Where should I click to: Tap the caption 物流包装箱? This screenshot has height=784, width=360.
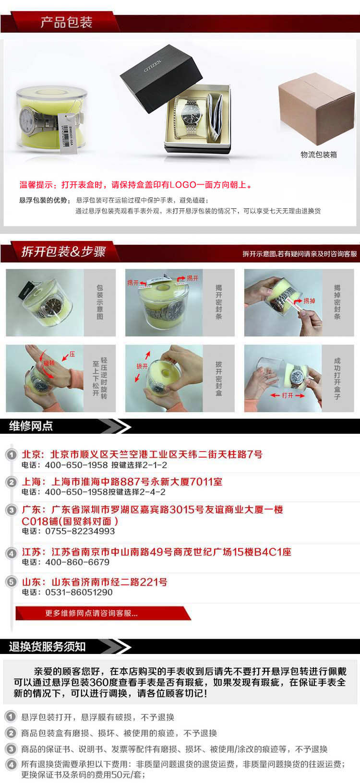click(x=318, y=154)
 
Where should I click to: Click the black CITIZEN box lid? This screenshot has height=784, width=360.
click(x=160, y=77)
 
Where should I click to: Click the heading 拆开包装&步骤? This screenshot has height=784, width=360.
click(x=63, y=251)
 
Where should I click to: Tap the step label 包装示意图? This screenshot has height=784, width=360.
click(x=100, y=302)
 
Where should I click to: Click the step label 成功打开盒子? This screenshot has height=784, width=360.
click(x=337, y=378)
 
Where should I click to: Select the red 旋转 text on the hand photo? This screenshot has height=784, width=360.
click(x=49, y=363)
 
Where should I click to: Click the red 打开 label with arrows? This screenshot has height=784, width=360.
click(x=287, y=395)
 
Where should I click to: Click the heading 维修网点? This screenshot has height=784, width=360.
click(x=31, y=426)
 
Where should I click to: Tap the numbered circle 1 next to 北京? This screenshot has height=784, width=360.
click(x=11, y=454)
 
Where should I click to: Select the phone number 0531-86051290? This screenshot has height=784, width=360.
click(x=79, y=592)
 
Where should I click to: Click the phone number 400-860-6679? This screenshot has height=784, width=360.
click(x=77, y=562)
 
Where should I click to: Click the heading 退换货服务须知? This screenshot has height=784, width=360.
click(x=47, y=646)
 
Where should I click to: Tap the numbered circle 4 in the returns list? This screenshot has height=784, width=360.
click(x=11, y=765)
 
